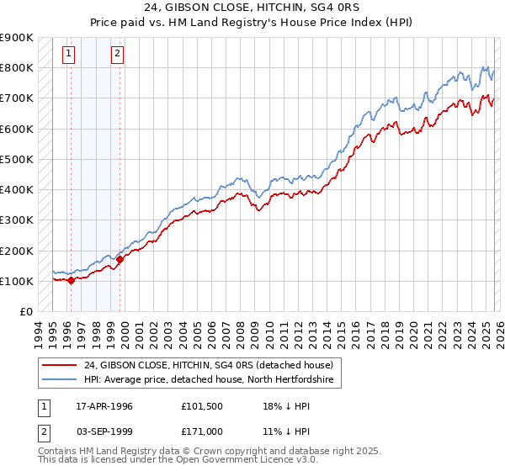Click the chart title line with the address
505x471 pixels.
pos(252,8)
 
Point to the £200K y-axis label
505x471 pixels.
pos(17,251)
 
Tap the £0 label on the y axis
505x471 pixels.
pos(26,311)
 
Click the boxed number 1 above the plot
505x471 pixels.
pos(68,55)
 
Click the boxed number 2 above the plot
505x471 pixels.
pos(117,55)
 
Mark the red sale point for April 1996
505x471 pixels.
pos(71,281)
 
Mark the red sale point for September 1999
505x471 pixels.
pos(120,260)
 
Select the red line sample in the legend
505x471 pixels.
pos(60,365)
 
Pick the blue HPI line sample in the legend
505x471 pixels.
pos(60,380)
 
